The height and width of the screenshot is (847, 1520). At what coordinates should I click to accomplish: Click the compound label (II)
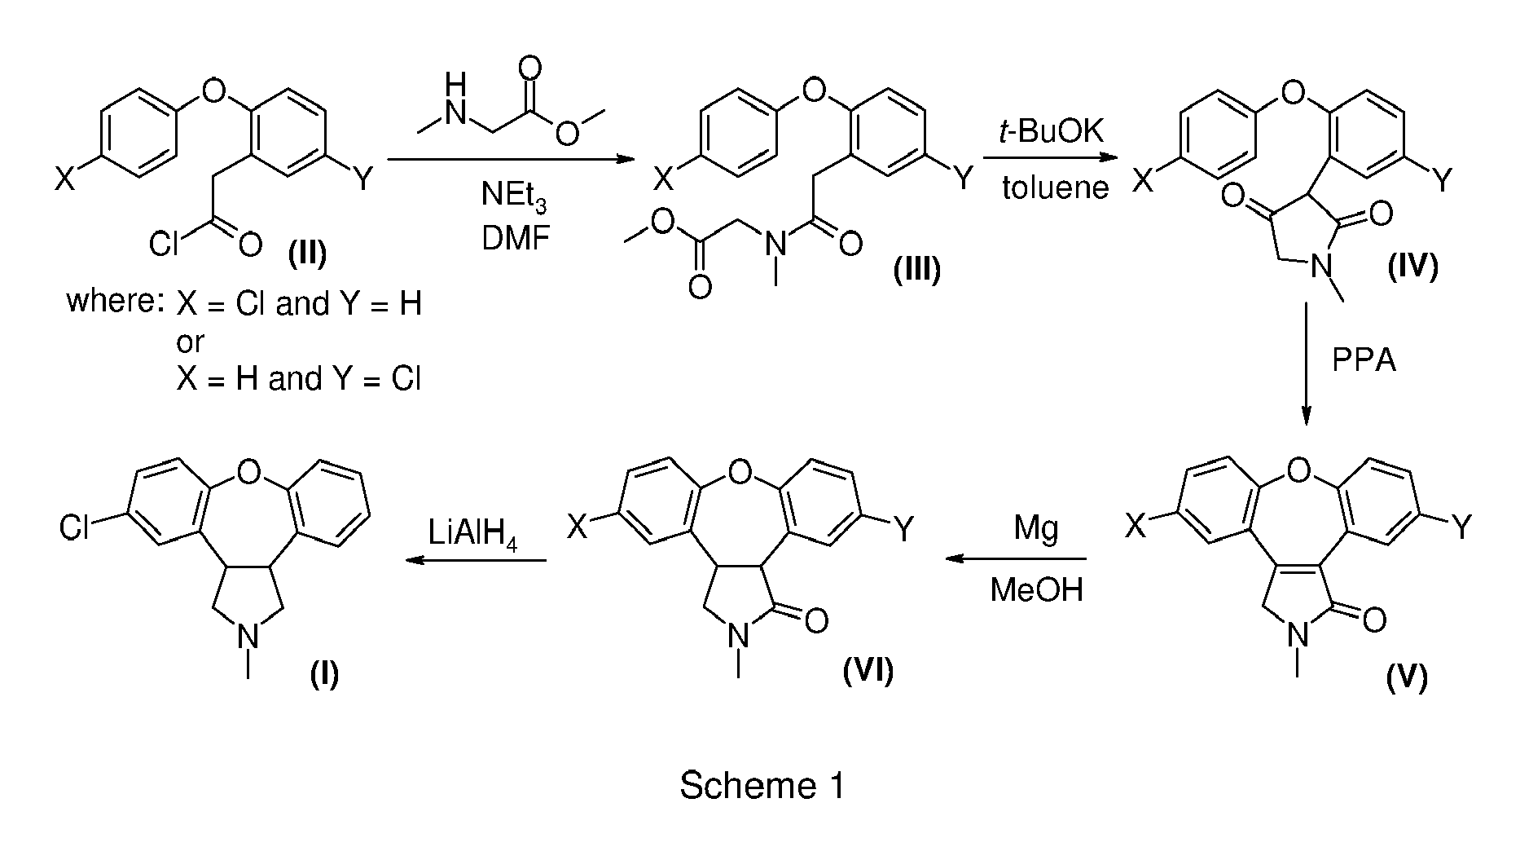tap(307, 255)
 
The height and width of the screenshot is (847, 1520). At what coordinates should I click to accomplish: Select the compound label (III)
tap(916, 269)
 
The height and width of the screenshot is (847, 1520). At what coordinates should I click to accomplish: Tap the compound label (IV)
tap(1412, 267)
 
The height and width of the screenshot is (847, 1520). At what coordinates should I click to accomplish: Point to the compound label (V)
tap(1407, 677)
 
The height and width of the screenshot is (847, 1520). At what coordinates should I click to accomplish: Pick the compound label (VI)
tap(868, 670)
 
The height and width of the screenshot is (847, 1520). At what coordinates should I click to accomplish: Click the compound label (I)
tap(324, 676)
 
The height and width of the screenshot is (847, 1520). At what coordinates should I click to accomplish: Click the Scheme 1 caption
tap(762, 786)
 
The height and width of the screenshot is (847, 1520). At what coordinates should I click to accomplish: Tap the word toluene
tap(1055, 187)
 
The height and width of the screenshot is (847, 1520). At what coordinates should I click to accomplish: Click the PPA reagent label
tap(1364, 360)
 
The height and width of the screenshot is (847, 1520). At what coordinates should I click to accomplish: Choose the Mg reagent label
tap(1036, 531)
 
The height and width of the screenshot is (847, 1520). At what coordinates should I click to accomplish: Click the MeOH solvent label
tap(1036, 589)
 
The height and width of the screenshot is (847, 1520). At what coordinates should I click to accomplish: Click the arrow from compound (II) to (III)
tap(510, 161)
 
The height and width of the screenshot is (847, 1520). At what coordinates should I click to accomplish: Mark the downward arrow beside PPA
tap(1306, 364)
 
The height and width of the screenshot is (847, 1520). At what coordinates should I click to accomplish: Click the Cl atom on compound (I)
tap(74, 528)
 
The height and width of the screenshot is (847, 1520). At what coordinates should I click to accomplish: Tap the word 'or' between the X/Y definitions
tap(191, 342)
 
